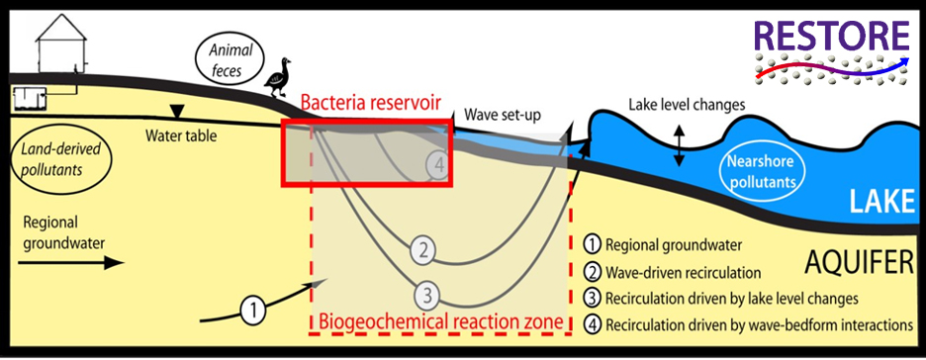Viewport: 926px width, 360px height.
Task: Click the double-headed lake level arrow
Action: (679, 145)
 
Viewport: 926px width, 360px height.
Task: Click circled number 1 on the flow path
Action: (255, 311)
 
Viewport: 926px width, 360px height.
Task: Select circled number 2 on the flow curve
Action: (423, 250)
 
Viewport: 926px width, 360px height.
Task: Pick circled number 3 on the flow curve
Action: (426, 294)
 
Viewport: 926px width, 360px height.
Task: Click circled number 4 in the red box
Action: (439, 164)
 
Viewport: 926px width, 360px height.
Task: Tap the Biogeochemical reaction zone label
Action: (440, 321)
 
